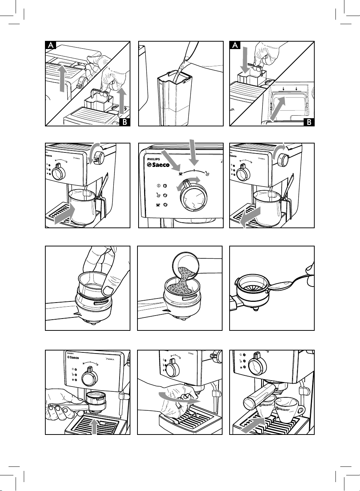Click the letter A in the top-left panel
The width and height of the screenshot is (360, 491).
(x=51, y=45)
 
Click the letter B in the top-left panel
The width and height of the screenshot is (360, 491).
(x=126, y=122)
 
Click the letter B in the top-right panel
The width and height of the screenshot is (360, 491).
(x=309, y=122)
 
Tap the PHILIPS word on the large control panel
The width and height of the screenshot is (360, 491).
(x=153, y=159)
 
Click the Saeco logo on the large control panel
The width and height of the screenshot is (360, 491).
(x=159, y=165)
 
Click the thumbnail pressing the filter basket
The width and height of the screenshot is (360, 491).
(x=108, y=289)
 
